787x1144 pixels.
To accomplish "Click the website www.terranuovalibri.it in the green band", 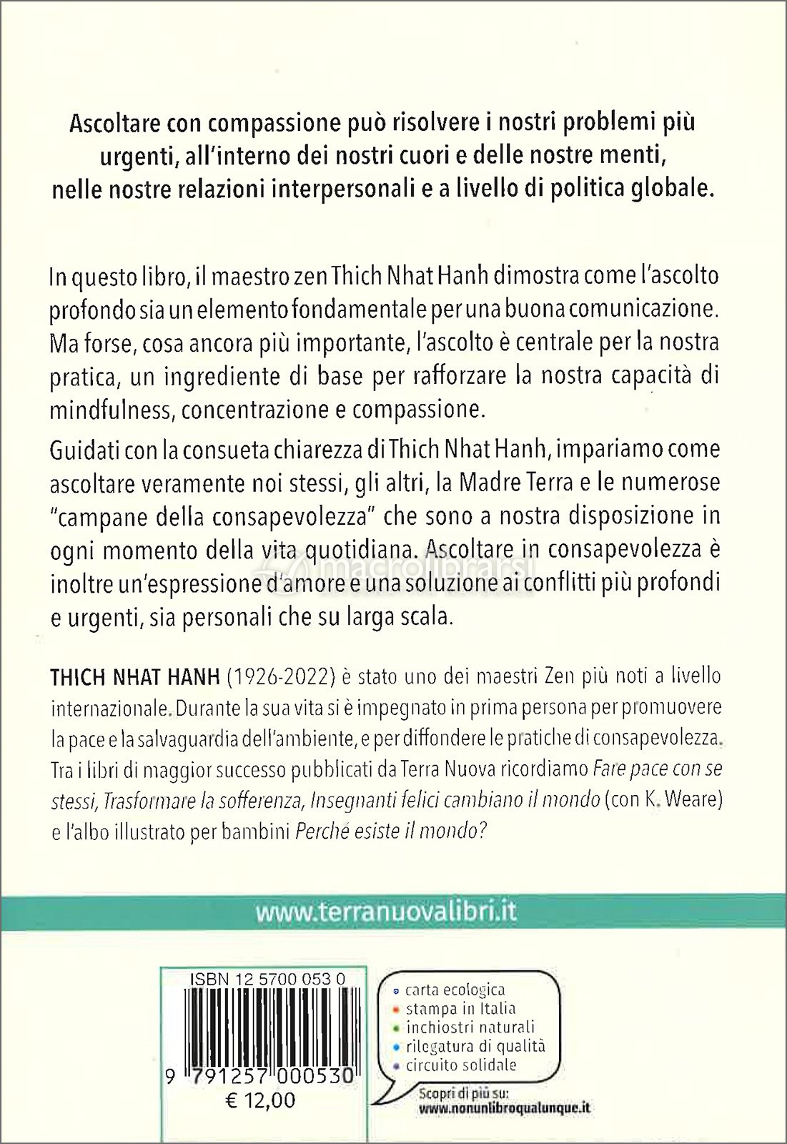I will point(386,912).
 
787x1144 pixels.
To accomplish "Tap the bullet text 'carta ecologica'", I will point(455,990).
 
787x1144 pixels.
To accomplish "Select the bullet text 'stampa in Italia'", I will point(460,1009).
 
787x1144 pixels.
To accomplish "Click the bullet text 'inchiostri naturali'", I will point(470,1027).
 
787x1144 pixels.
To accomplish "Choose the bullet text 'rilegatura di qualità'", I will point(475,1046).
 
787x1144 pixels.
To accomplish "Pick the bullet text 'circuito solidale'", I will point(460,1065).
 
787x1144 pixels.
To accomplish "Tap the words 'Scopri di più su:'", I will point(454,1093).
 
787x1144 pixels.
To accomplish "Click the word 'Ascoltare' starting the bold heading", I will point(115,124).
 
